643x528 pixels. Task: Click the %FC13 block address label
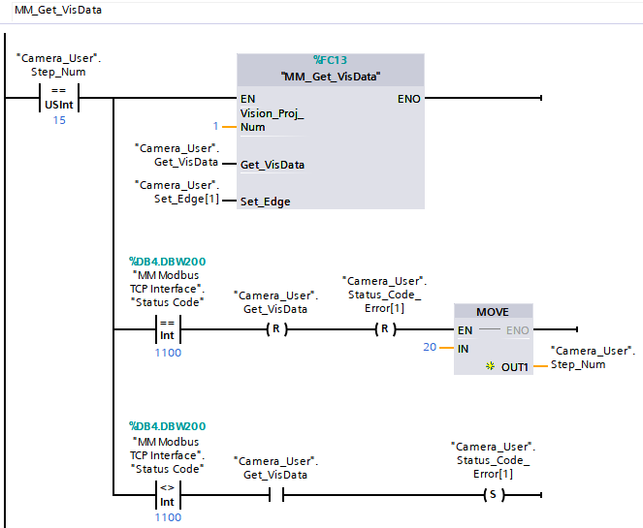330,60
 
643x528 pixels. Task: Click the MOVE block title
494,312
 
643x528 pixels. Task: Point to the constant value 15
59,120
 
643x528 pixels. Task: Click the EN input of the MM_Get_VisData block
248,99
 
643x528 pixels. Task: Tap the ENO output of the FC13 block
408,99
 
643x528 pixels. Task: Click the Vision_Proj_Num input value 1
217,127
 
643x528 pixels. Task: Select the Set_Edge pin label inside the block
265,202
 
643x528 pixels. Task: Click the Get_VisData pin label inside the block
272,165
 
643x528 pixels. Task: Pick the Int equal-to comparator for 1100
168,329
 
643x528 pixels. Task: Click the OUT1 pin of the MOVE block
515,366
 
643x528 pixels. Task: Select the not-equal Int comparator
168,494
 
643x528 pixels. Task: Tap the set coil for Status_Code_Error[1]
495,494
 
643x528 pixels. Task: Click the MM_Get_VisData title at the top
57,11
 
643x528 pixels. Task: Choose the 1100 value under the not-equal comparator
168,517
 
